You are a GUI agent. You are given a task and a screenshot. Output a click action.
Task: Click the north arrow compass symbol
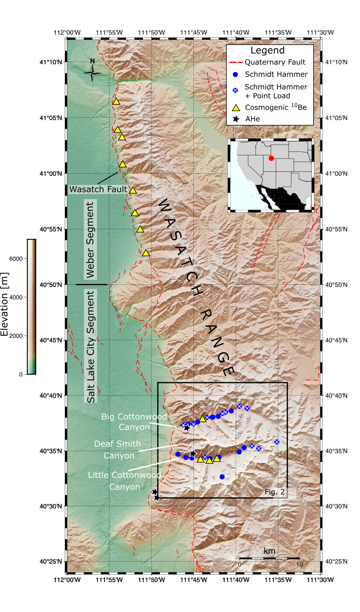92,72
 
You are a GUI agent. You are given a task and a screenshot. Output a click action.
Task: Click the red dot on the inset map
271,158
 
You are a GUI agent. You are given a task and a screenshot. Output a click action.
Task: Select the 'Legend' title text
268,50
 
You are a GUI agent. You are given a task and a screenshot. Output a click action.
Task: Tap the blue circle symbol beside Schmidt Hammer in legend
237,74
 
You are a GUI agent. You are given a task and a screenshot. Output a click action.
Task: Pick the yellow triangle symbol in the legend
237,107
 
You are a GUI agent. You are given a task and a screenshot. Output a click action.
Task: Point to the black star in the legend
237,119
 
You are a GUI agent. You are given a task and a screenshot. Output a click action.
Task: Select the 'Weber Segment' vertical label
90,240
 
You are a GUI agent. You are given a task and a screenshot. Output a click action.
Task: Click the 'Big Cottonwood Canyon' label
134,421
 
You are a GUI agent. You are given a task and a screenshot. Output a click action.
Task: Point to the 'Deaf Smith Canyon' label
117,450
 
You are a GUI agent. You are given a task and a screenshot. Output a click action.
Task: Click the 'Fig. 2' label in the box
275,492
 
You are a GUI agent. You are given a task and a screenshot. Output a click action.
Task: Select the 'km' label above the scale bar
269,551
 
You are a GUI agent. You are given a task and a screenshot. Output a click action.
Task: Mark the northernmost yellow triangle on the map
116,101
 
